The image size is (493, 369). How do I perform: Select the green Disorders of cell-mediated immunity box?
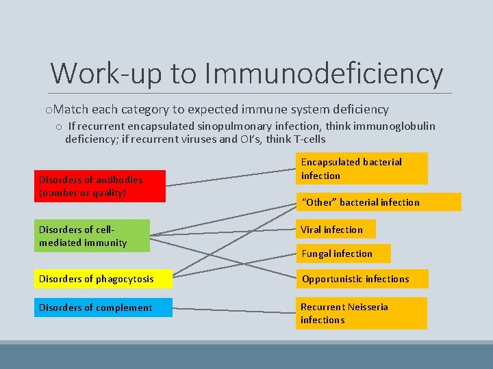pos(92,236)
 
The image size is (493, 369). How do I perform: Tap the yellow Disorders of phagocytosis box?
pos(103,279)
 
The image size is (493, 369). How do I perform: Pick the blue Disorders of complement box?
pos(103,307)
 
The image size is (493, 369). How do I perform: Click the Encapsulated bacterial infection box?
pos(361,169)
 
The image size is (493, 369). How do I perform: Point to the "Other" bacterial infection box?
pos(379,202)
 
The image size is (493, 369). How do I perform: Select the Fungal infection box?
pos(343,254)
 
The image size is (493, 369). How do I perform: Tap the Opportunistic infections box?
pos(362,279)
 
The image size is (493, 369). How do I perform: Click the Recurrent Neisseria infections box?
pos(361,313)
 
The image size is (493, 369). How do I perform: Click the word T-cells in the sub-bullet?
pos(307,139)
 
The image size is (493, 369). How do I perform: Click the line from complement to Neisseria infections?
pos(233,310)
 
